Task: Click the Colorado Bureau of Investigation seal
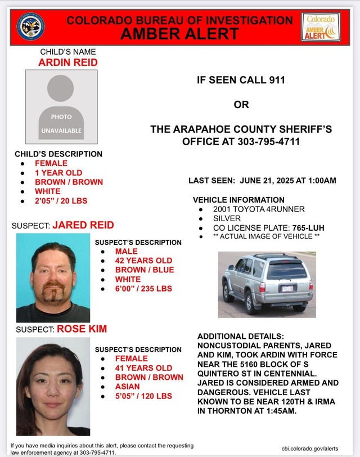(x=31, y=26)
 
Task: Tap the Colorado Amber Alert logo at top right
(x=321, y=26)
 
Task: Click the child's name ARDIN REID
(x=67, y=62)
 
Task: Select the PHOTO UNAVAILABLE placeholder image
(x=61, y=107)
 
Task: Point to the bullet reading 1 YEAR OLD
(x=58, y=173)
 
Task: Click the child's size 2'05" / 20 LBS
(x=61, y=200)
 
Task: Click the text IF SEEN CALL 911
(x=241, y=80)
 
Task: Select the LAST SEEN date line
(x=262, y=181)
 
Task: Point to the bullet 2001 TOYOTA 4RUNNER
(x=259, y=209)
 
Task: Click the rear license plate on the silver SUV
(x=286, y=288)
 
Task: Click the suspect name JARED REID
(x=83, y=225)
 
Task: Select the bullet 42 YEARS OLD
(x=143, y=261)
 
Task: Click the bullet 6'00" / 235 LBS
(x=143, y=289)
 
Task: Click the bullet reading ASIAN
(x=128, y=387)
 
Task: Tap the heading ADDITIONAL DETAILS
(x=237, y=336)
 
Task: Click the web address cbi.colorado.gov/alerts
(x=310, y=448)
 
